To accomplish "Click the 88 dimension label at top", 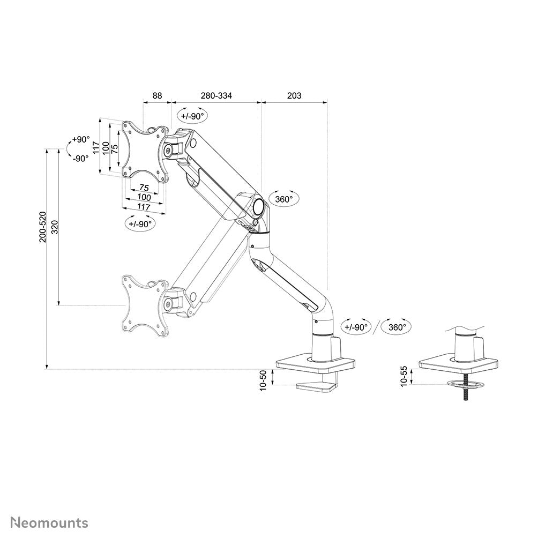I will [x=156, y=96].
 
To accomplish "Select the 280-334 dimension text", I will [x=216, y=96].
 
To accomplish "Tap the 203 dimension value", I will [x=294, y=96].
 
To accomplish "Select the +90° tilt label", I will [x=81, y=140].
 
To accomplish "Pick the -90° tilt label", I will [x=80, y=158].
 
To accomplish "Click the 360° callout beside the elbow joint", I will [x=283, y=199].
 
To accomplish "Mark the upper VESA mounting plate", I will [x=142, y=150].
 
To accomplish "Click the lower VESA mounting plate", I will [x=142, y=303].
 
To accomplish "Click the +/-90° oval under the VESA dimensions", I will [x=140, y=223].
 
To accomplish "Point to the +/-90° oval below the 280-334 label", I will [x=192, y=116].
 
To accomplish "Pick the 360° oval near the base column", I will [x=397, y=326].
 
